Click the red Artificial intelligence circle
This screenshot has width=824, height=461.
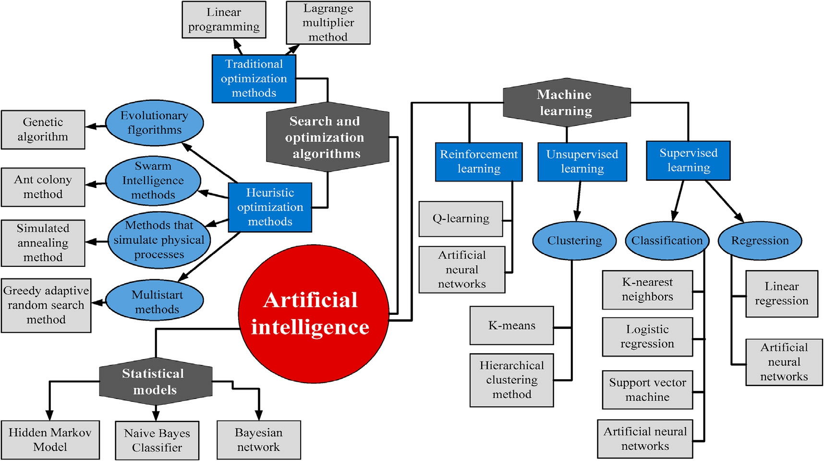313,313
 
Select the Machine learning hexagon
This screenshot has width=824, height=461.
566,102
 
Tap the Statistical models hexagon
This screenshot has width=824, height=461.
155,381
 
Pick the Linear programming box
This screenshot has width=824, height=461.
224,20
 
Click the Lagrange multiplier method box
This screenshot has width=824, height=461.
328,23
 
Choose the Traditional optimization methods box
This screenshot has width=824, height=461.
254,78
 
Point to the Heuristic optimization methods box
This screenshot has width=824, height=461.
270,207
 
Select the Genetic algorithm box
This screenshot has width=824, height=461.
43,129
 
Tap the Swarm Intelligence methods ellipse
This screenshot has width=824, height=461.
153,181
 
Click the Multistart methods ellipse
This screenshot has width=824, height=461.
155,301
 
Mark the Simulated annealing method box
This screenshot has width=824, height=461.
43,243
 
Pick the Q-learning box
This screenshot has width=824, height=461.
460,219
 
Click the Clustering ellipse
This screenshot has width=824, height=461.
574,240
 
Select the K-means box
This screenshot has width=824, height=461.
511,325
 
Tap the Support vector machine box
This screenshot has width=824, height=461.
647,389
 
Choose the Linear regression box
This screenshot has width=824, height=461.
781,294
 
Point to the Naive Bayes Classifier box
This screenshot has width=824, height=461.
157,440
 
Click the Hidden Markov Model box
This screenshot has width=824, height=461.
50,440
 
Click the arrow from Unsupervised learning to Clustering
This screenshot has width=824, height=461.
578,201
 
